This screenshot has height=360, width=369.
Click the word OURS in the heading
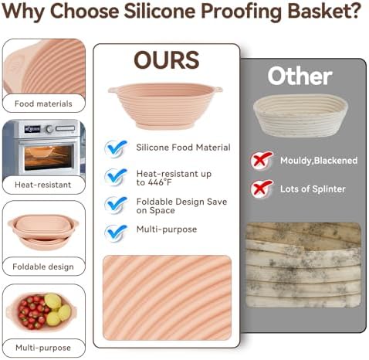(167, 59)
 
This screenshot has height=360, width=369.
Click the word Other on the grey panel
(300, 76)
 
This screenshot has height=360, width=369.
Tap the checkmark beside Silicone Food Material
(116, 148)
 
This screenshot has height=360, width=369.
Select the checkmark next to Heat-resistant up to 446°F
(116, 176)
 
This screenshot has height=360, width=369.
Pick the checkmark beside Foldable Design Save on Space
(116, 205)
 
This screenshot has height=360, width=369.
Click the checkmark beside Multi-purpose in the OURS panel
(116, 233)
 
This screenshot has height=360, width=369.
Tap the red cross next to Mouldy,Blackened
(262, 161)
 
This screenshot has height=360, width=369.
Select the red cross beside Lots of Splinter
(262, 188)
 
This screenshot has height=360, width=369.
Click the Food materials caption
(43, 104)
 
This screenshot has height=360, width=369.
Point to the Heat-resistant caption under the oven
(42, 185)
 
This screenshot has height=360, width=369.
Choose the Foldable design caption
(43, 267)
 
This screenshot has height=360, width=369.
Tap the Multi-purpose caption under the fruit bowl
(43, 348)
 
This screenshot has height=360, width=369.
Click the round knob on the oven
(49, 128)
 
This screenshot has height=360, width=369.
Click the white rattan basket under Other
(300, 115)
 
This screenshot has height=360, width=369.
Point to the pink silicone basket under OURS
(165, 106)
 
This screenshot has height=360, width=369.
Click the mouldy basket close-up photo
(303, 265)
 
